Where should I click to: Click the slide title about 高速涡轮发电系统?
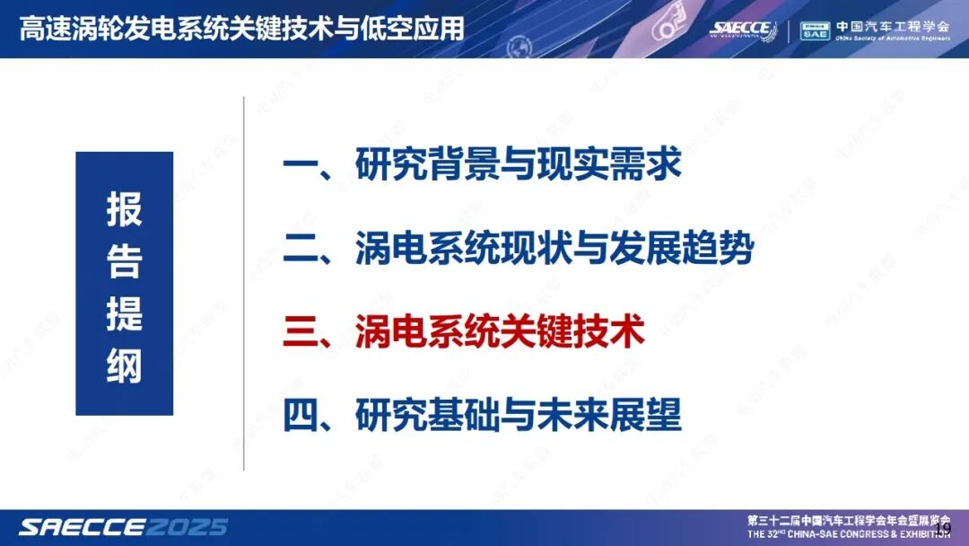[x=242, y=28]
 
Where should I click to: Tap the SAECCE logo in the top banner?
[x=743, y=29]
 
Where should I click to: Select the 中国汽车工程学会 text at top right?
[x=892, y=25]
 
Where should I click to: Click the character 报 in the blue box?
[x=124, y=210]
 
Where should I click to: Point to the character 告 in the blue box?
[x=124, y=261]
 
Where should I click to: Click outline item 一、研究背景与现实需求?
[x=482, y=164]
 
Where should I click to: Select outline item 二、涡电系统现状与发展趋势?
[x=518, y=249]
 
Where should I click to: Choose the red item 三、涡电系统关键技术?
[x=464, y=332]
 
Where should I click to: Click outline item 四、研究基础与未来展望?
[x=482, y=415]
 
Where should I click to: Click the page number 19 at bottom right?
[x=942, y=527]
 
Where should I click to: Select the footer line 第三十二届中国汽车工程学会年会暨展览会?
[x=848, y=520]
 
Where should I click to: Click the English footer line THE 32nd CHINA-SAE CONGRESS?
[x=848, y=533]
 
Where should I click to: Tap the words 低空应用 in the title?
[x=423, y=28]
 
